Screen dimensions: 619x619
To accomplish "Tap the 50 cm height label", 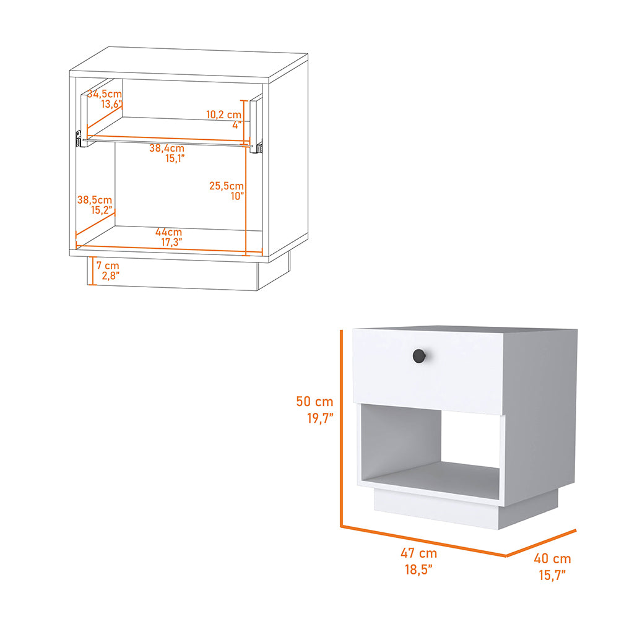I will (x=315, y=401).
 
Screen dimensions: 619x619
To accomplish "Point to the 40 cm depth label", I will (x=552, y=559).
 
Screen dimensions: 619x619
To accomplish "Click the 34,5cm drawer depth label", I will (x=105, y=94).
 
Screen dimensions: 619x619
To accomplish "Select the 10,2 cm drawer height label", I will (x=223, y=115).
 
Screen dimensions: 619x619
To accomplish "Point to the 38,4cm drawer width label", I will (x=167, y=149).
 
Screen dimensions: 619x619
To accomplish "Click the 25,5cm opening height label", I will (x=226, y=185).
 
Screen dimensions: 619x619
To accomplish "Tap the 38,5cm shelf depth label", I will (x=95, y=200).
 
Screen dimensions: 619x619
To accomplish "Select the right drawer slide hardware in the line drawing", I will (x=259, y=147).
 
